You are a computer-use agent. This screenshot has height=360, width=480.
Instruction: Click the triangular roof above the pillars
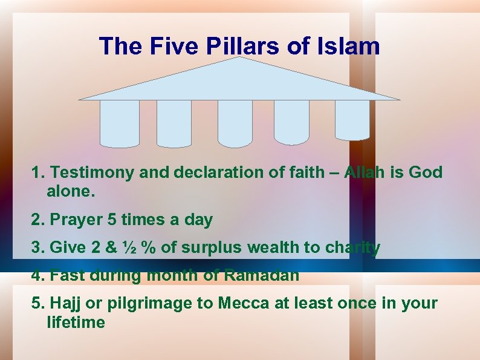coord(240,82)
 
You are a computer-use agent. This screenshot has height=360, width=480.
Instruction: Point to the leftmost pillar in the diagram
coord(119,123)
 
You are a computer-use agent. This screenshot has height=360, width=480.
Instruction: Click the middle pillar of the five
coord(235,123)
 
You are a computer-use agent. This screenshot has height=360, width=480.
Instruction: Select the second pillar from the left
coord(174,123)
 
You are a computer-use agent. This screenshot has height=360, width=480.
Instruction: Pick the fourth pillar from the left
coord(291,122)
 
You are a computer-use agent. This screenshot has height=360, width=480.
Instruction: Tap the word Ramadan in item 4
coord(261,275)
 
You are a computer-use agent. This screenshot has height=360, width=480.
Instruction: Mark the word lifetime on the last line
coord(76,322)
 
